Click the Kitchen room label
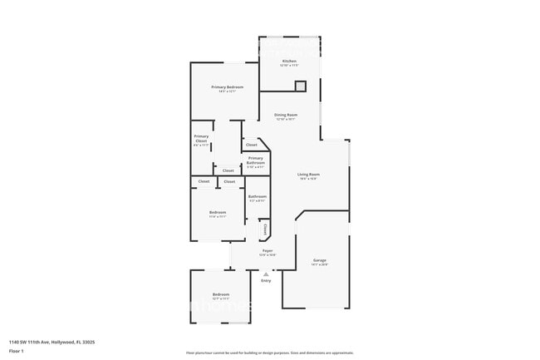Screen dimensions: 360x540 pos(289,61)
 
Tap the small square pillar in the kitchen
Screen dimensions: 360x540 pos(300,85)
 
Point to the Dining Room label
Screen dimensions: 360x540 pos(286,115)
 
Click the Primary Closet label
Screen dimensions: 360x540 pos(201,138)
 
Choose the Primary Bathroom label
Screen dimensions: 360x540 pos(255,159)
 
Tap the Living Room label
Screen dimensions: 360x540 pos(308,174)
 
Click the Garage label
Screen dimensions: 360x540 pos(319,260)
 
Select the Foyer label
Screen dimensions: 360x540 pos(268,250)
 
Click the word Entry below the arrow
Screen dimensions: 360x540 pos(266,281)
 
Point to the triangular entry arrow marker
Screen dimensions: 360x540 pos(266,273)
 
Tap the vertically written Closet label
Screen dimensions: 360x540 pos(265,228)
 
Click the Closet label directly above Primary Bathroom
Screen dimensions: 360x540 pos(251,145)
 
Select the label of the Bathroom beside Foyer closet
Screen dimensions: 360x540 pos(257,196)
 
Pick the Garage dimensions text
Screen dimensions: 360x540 pos(319,265)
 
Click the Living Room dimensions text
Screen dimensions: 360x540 pos(308,179)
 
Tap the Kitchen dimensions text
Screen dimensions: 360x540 pos(289,66)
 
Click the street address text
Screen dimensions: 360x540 pos(52,342)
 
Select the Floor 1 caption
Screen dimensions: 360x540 pos(17,350)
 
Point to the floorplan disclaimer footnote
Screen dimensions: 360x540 pos(270,353)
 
